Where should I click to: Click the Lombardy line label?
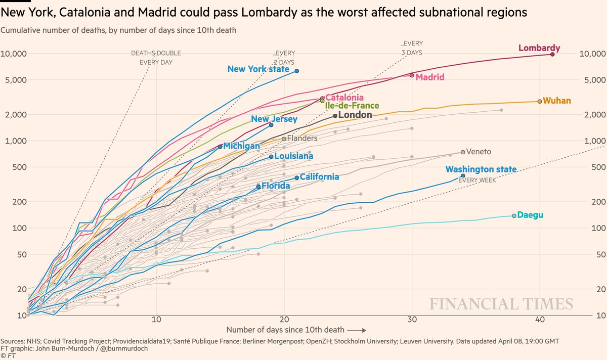click(539, 49)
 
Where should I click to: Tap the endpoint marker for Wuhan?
click(540, 101)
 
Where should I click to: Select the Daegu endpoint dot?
click(514, 216)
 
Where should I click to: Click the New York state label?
click(258, 69)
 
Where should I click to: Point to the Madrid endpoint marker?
click(412, 75)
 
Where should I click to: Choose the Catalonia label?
click(344, 97)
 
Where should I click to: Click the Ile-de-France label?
click(352, 106)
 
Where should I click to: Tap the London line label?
click(355, 115)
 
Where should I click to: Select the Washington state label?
click(481, 169)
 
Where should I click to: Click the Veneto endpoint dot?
click(463, 152)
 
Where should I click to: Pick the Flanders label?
click(302, 138)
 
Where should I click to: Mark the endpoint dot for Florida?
click(258, 187)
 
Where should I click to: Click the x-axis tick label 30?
click(412, 320)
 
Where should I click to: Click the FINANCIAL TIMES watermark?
click(501, 304)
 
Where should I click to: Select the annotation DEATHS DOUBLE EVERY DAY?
click(156, 58)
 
